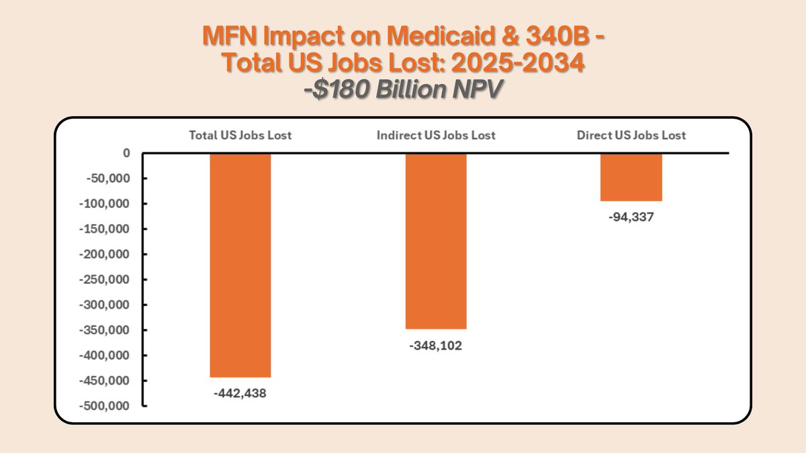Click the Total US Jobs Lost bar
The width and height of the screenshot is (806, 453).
coord(240,265)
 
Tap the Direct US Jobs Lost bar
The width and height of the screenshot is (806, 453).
coord(631,177)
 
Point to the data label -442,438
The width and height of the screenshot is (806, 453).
coord(240,394)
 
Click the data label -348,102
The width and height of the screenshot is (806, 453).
coord(435,346)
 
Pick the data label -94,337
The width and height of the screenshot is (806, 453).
coord(631,217)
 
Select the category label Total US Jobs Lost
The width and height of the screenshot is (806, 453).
coord(240,135)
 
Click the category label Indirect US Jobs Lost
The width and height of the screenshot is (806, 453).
coord(436,135)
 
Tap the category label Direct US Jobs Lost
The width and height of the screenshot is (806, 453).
coord(631,135)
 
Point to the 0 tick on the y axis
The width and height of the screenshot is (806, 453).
coord(126,153)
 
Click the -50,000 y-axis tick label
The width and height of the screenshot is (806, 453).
coord(107,179)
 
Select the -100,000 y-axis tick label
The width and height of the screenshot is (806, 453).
coord(105,204)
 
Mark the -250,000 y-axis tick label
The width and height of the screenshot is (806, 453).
coord(105,280)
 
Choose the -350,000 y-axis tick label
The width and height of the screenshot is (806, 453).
coord(105,330)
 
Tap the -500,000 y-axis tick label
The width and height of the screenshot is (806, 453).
coord(105,406)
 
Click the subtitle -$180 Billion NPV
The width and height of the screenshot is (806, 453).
coord(402,90)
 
